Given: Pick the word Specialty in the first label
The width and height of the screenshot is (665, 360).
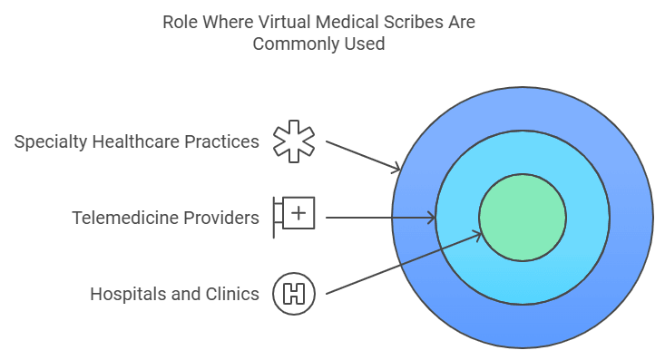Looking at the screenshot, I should pos(50,142).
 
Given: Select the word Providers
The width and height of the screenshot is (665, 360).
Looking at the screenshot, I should pos(224,218).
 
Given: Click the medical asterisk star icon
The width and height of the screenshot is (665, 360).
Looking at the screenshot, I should pos(294,142).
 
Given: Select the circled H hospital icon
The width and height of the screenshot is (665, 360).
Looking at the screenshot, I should pos(294,294).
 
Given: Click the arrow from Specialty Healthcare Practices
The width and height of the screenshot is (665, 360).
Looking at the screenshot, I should pos(363,155).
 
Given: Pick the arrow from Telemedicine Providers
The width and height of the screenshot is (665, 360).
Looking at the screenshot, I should pos(381,218).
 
